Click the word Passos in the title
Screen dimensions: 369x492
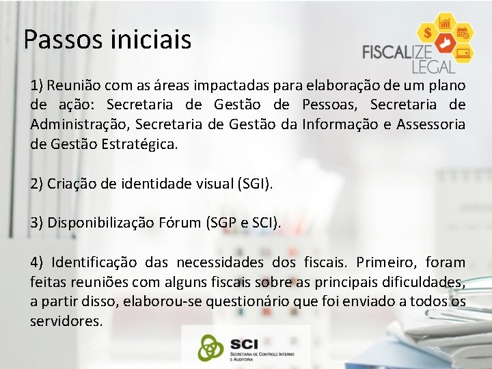pos(61,40)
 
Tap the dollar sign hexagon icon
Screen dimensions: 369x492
pos(428,32)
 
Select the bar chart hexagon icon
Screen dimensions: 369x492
pos(447,22)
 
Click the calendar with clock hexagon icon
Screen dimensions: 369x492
pos(463,32)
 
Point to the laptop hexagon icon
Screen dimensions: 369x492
pos(463,53)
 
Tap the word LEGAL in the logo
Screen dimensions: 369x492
pos(433,67)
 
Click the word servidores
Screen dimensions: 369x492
pos(66,320)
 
